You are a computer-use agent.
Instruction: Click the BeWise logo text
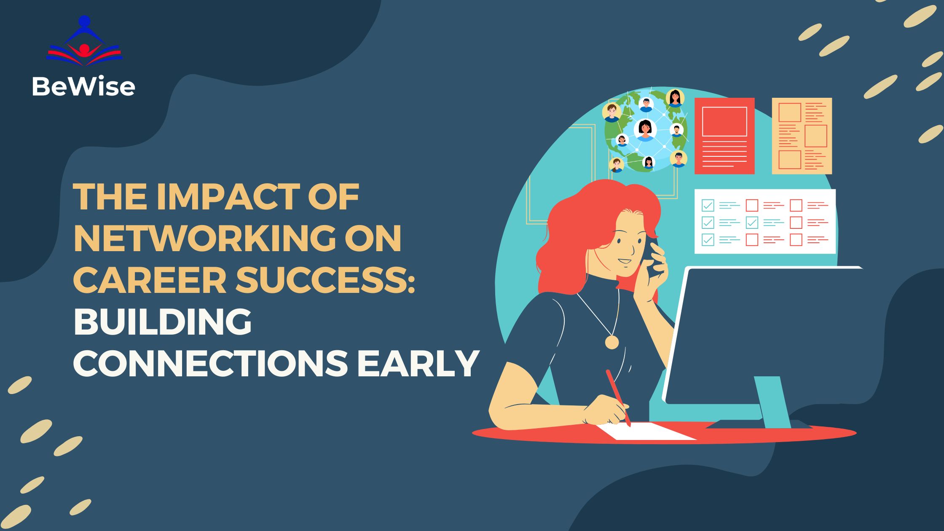tap(83, 87)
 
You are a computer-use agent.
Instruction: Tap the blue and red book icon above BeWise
tap(84, 44)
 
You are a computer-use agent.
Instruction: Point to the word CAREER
tap(150, 281)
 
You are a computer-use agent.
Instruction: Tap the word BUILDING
tap(163, 322)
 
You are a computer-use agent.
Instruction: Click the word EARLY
tap(418, 363)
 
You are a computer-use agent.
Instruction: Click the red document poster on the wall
tap(724, 136)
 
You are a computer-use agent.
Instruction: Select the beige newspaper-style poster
tap(802, 136)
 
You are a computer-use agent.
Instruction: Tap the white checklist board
tap(765, 222)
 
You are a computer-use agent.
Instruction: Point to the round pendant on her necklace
tap(611, 342)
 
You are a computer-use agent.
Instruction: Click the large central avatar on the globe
tap(645, 129)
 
